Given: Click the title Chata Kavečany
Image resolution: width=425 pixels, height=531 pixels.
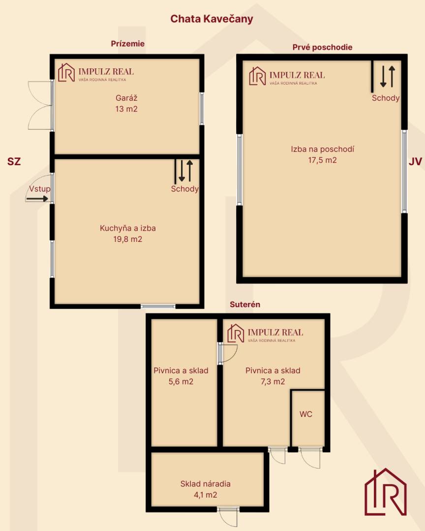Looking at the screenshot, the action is pyautogui.click(x=212, y=19).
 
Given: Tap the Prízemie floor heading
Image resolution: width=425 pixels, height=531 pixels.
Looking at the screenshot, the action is pyautogui.click(x=127, y=44).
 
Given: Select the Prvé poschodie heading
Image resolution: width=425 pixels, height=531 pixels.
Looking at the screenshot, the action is pyautogui.click(x=322, y=47).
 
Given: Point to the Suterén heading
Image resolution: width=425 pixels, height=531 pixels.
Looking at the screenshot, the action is pyautogui.click(x=244, y=304).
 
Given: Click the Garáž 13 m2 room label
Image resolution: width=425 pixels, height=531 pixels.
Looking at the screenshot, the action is pyautogui.click(x=126, y=103).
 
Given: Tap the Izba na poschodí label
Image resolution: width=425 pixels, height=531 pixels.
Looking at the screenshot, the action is pyautogui.click(x=322, y=149).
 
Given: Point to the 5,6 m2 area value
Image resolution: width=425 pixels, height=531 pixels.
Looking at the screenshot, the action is pyautogui.click(x=181, y=382).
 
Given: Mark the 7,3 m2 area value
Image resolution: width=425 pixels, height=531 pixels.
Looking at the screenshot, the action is pyautogui.click(x=273, y=382).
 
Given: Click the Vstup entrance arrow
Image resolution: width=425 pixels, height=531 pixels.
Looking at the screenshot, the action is pyautogui.click(x=37, y=199).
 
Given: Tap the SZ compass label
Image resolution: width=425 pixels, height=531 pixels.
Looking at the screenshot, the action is pyautogui.click(x=14, y=162).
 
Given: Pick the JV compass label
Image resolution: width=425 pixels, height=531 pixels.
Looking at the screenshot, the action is pyautogui.click(x=415, y=162).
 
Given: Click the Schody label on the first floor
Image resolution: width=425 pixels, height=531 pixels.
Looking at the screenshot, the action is pyautogui.click(x=386, y=98).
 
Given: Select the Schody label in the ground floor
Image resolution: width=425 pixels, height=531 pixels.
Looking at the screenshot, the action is pyautogui.click(x=185, y=189).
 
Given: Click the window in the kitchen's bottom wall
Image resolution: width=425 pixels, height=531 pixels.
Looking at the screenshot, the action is pyautogui.click(x=158, y=306).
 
